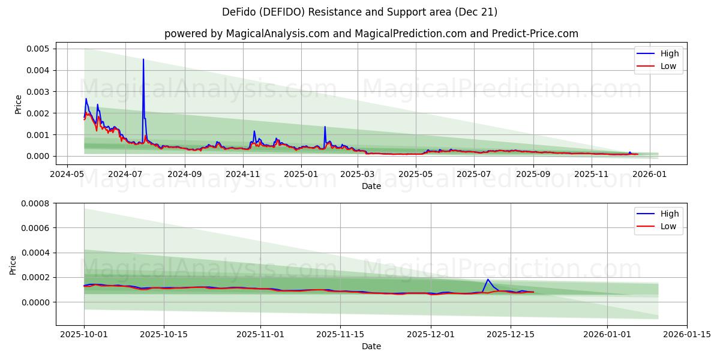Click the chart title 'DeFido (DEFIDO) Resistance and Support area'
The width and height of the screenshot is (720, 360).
359,12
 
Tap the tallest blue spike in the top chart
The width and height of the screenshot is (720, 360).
143,59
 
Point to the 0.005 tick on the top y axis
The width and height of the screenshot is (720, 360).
38,49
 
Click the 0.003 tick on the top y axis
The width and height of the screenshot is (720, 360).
38,92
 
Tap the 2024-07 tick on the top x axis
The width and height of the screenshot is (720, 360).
125,174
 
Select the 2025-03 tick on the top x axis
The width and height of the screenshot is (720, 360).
358,174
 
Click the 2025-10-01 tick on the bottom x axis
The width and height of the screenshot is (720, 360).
83,334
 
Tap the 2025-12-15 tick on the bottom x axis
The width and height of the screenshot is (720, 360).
511,334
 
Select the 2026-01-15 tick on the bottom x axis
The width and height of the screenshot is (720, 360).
687,334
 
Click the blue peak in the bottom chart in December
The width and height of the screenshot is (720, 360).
488,280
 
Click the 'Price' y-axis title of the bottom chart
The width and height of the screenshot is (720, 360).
13,265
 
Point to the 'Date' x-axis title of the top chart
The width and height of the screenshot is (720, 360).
371,186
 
